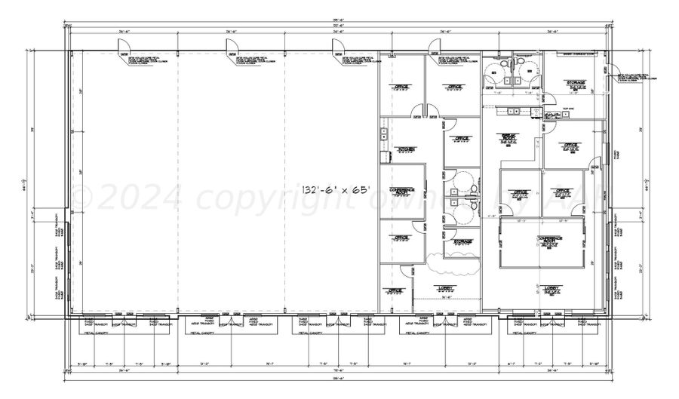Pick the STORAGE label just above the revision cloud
coord(462,241)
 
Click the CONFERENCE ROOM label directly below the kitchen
coord(401,191)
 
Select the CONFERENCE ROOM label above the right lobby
coord(550,239)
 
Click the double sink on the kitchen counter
coord(384,135)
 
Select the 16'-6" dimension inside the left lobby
coord(445,297)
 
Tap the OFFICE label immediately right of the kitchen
coord(461,139)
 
